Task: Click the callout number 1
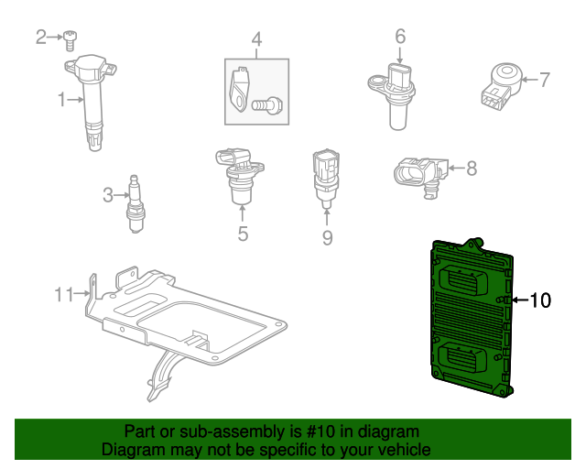(62, 99)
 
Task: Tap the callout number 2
(40, 37)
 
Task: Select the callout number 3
(108, 194)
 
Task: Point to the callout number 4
(256, 39)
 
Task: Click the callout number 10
(540, 300)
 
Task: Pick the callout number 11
(63, 294)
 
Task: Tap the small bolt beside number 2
(70, 39)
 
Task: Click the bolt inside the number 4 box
(267, 107)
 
